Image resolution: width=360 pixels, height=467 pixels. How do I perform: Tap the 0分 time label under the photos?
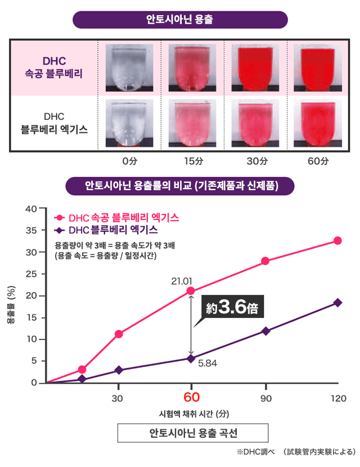click(x=130, y=161)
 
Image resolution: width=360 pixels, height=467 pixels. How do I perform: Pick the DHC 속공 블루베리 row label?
click(x=54, y=68)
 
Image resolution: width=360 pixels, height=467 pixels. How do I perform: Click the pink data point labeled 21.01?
click(x=191, y=291)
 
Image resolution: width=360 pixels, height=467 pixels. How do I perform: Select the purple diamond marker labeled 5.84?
click(x=191, y=358)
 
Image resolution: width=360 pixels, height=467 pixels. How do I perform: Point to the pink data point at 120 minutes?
click(x=337, y=240)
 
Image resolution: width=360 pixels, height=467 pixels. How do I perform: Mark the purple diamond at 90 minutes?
click(x=265, y=331)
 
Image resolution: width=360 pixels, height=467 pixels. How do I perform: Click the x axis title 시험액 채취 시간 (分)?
click(x=191, y=416)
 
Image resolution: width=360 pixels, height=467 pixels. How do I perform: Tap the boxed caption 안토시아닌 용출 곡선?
click(x=191, y=434)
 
